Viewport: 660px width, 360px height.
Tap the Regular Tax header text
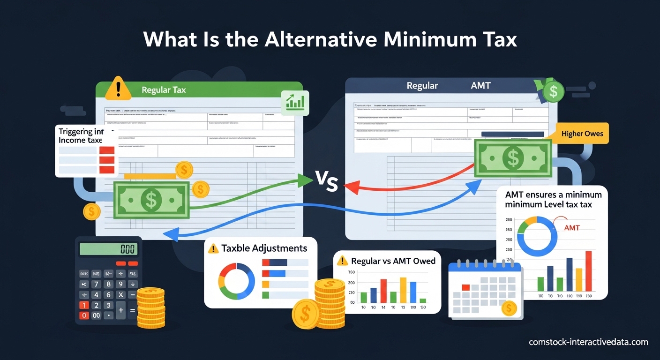[x=163, y=90]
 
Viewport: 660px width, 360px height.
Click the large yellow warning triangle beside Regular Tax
[x=118, y=89]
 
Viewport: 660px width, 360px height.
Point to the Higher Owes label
[x=582, y=134]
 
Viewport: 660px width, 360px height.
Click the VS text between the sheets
[x=325, y=182]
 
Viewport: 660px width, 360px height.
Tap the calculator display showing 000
[x=108, y=249]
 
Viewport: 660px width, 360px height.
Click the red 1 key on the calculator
[x=84, y=305]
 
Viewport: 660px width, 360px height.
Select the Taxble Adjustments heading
[x=264, y=248]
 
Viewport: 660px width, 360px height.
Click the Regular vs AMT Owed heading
[x=393, y=261]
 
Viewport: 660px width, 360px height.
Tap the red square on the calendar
[x=465, y=287]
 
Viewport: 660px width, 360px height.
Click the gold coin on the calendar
[x=508, y=308]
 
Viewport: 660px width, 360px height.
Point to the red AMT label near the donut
[x=571, y=228]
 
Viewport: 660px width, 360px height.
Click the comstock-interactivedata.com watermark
[x=588, y=342]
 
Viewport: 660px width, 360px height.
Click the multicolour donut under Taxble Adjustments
[x=236, y=281]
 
